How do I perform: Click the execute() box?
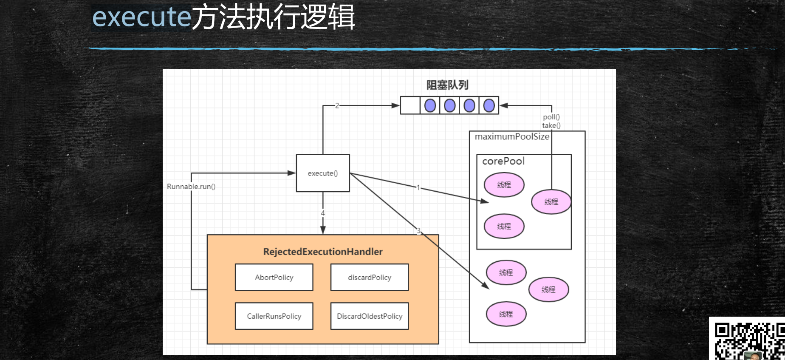click(x=323, y=173)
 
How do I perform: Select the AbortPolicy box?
click(x=274, y=277)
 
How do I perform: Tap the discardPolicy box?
click(x=370, y=277)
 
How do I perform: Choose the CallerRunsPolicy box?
click(x=274, y=316)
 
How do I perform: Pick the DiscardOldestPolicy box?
click(x=370, y=316)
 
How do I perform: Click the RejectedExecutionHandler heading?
click(x=323, y=252)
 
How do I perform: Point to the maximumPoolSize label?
click(x=512, y=136)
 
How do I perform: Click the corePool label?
click(x=503, y=161)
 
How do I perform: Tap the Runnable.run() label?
click(x=191, y=187)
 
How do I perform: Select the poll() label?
click(x=551, y=117)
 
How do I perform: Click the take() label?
click(x=551, y=125)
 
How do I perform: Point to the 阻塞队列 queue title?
click(x=447, y=85)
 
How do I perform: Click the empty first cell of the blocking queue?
click(x=410, y=105)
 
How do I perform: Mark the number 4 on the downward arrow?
click(x=323, y=213)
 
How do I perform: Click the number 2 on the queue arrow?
click(x=337, y=105)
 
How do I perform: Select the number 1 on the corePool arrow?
click(x=418, y=187)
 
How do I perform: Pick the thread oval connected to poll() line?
click(x=551, y=202)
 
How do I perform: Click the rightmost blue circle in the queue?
click(x=489, y=105)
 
